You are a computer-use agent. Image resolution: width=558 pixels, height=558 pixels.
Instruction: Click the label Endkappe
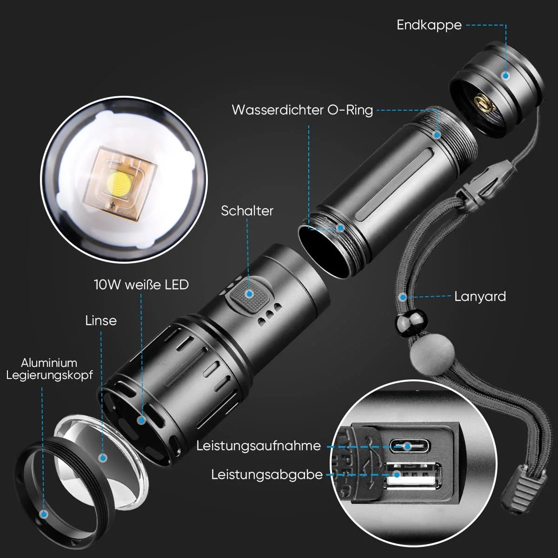coord(429,25)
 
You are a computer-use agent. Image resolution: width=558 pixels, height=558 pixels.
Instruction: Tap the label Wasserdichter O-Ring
coord(302,110)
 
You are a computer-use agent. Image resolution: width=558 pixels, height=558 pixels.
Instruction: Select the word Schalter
coord(247,211)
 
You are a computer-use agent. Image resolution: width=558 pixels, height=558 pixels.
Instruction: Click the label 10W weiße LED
coord(141,285)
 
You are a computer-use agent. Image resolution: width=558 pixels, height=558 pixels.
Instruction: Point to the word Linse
coord(101,320)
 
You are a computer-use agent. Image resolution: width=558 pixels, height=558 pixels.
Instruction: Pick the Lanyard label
coord(480,297)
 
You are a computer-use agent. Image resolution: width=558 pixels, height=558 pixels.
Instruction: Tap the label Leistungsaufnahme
coord(259,445)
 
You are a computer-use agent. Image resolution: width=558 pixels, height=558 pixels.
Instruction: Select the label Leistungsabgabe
coord(267,475)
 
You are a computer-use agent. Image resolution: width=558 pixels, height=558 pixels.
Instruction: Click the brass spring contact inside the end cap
coord(482,104)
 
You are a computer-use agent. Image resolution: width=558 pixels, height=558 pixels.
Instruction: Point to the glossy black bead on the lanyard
coord(411,322)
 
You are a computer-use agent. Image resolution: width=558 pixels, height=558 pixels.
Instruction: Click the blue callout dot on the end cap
coord(505,76)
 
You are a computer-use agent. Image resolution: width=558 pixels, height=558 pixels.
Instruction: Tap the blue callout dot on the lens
coord(103,458)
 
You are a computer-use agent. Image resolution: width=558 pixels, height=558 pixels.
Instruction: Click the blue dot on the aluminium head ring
coord(44,514)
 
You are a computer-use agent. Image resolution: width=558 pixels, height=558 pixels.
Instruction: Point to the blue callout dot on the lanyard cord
coord(403,297)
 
